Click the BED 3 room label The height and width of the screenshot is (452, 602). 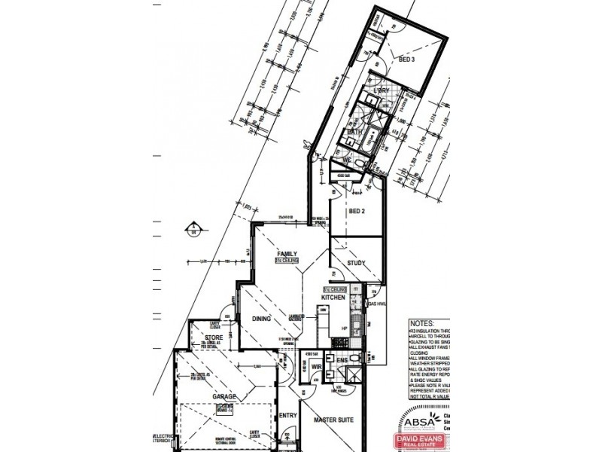(406, 60)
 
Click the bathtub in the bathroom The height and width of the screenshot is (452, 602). (372, 139)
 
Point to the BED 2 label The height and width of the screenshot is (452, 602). (356, 212)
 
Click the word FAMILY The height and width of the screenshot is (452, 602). (287, 253)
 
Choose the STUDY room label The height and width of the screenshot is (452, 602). (356, 263)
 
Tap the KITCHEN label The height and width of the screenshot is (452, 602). (333, 298)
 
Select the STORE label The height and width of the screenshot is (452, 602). (202, 336)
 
